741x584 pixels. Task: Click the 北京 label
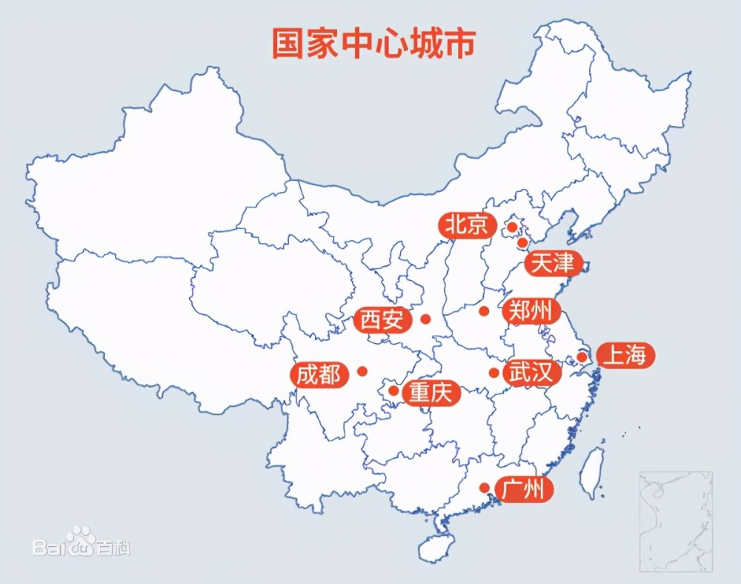click(x=467, y=225)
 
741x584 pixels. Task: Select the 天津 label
click(x=553, y=263)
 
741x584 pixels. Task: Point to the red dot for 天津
click(x=522, y=242)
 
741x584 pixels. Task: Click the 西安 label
click(x=382, y=320)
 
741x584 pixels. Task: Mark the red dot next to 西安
click(x=425, y=319)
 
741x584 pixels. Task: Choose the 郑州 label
click(x=529, y=311)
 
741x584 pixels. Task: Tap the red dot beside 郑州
click(x=484, y=311)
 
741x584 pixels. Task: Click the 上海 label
click(x=625, y=356)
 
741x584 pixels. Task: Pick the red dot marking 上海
click(x=582, y=357)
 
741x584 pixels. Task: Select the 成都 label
click(x=319, y=374)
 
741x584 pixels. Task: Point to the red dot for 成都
click(x=362, y=371)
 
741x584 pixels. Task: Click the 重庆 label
click(x=431, y=393)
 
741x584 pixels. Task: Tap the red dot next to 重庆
click(x=393, y=390)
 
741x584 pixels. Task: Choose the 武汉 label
click(x=529, y=372)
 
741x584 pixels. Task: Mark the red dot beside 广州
click(x=484, y=488)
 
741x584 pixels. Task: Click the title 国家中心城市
click(x=373, y=44)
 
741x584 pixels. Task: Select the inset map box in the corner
click(x=675, y=521)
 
